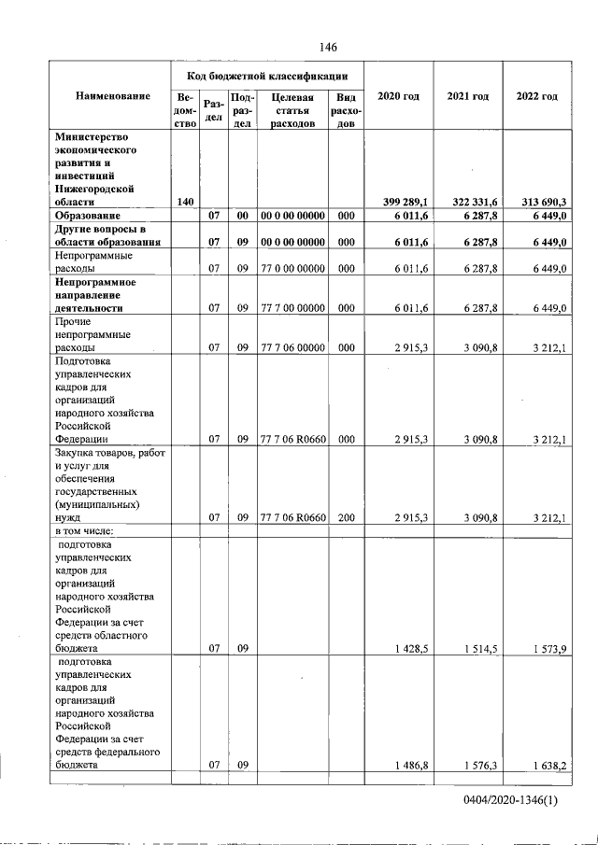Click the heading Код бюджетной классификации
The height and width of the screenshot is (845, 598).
(266, 76)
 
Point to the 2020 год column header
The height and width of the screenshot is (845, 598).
(398, 97)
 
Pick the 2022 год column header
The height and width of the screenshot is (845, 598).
(536, 97)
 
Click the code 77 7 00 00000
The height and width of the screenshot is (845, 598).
(292, 307)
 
